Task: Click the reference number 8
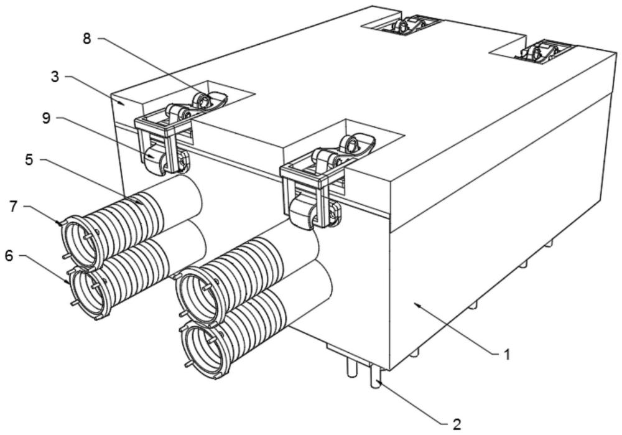click(x=87, y=39)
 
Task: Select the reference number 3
click(x=55, y=77)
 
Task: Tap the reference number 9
click(x=47, y=118)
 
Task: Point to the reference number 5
click(x=29, y=160)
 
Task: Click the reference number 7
click(x=14, y=206)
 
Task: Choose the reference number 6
click(x=9, y=256)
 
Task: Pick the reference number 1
click(x=506, y=354)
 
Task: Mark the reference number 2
click(x=457, y=424)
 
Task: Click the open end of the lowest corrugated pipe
click(x=205, y=349)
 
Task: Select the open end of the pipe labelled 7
click(x=83, y=241)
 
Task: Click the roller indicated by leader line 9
click(x=153, y=159)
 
